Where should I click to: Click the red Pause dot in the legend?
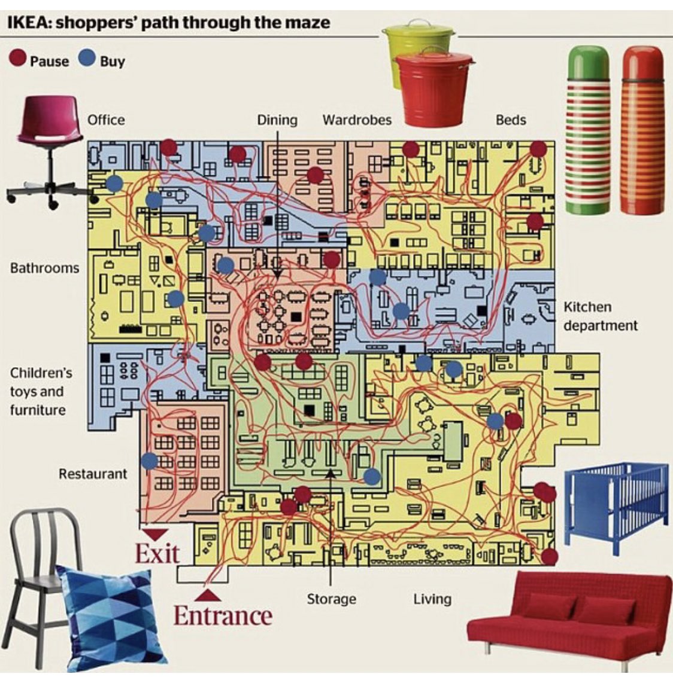(18, 59)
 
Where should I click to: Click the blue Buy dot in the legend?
(87, 59)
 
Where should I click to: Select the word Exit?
(157, 554)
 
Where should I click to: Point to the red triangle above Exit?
(156, 533)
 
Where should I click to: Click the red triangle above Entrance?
(208, 595)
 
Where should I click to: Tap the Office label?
(106, 120)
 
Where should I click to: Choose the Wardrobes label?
(357, 120)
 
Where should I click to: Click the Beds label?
(510, 120)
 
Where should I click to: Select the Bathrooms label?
(44, 267)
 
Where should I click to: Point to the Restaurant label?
(93, 474)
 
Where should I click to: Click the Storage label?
(331, 599)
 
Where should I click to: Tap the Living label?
(432, 599)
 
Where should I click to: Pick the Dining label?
(277, 120)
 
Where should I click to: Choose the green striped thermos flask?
(587, 132)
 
